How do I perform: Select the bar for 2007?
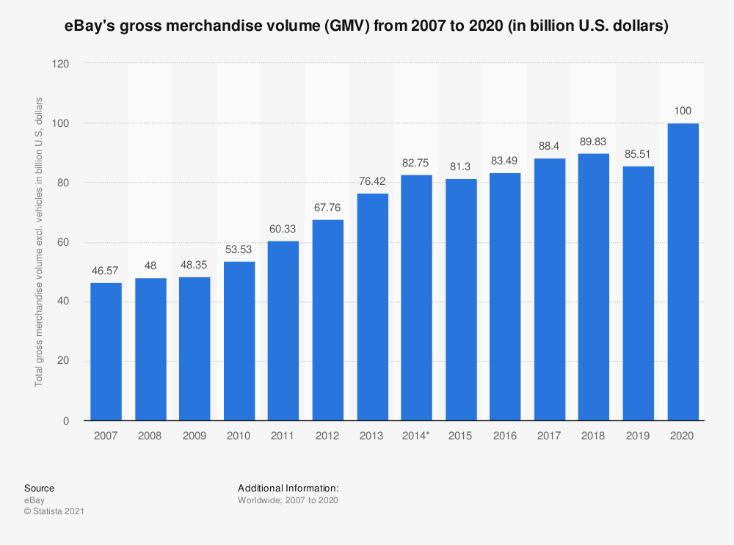pyautogui.click(x=106, y=352)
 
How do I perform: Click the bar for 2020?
pyautogui.click(x=683, y=272)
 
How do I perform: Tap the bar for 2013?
pyautogui.click(x=372, y=307)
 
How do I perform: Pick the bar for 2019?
pyautogui.click(x=639, y=293)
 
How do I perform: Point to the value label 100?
pyautogui.click(x=683, y=111)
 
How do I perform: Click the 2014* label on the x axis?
pyautogui.click(x=417, y=436)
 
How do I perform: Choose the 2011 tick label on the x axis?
pyautogui.click(x=283, y=436)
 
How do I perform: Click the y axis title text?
pyautogui.click(x=39, y=242)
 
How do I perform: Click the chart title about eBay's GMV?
pyautogui.click(x=367, y=26)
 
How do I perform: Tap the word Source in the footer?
pyautogui.click(x=39, y=489)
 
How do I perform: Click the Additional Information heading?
pyautogui.click(x=288, y=488)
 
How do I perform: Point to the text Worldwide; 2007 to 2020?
pyautogui.click(x=288, y=500)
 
